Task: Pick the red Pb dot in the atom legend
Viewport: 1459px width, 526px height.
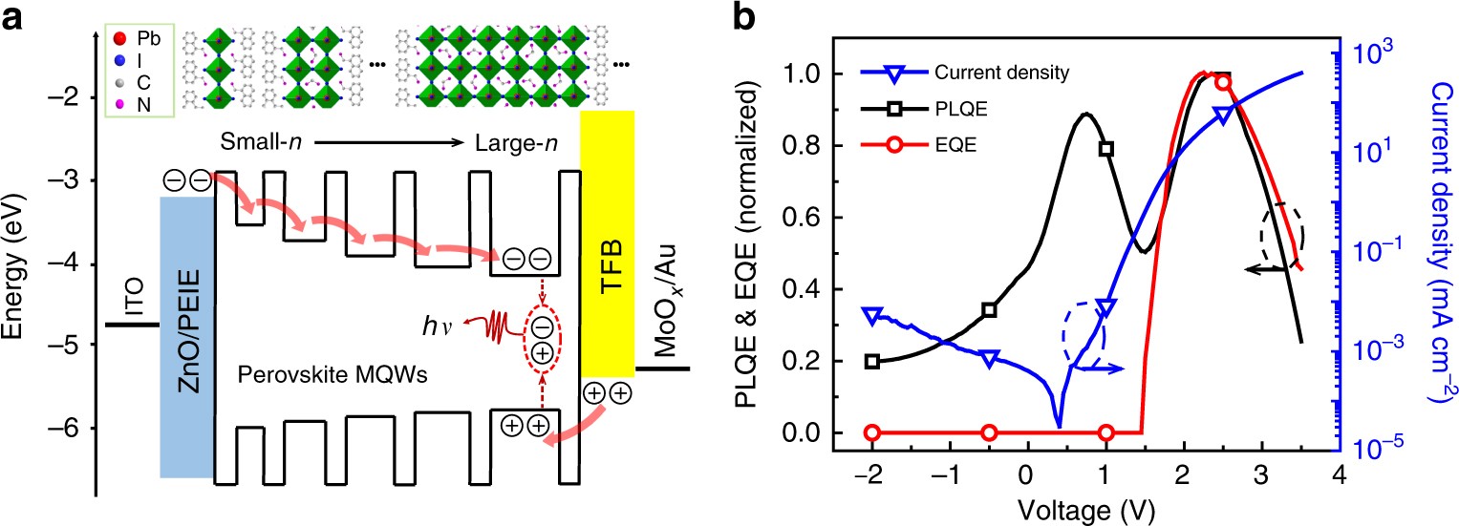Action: (118, 39)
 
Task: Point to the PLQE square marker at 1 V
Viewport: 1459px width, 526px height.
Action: (1105, 149)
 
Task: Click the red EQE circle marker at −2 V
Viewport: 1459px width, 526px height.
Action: (871, 432)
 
